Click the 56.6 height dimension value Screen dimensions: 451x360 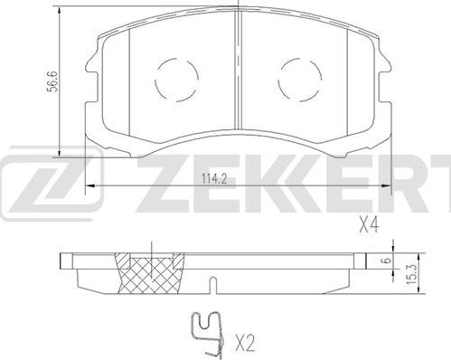53,81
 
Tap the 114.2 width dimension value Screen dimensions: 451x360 214,180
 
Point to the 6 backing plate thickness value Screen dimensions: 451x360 388,260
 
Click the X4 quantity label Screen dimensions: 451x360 369,225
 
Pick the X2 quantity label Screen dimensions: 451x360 244,344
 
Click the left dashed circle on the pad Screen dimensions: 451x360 176,80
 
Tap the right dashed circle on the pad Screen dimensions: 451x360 300,80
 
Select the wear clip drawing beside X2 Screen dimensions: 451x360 209,333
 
